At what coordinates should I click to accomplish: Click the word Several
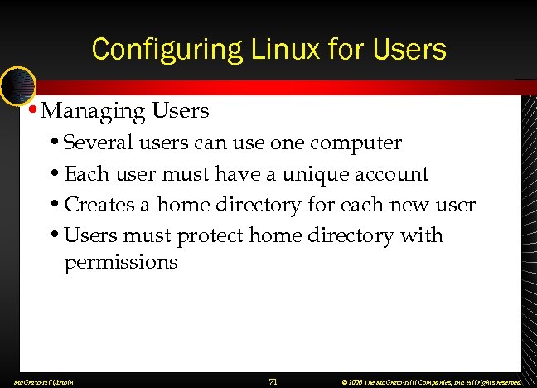pos(94,143)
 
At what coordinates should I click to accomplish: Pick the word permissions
pos(121,263)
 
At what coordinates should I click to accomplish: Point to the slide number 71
pos(273,381)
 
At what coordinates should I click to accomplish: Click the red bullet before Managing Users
pos(31,109)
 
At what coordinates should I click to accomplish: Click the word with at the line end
pos(423,235)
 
